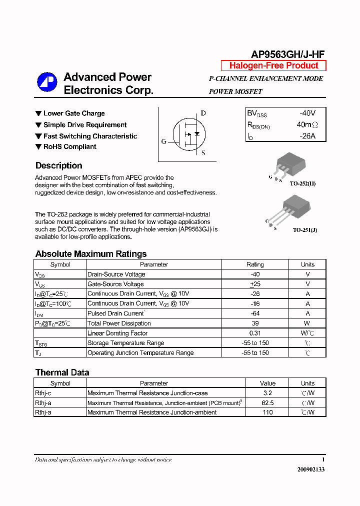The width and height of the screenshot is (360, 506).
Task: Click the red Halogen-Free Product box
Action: pos(273,65)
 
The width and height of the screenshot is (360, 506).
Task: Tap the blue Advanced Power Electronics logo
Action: pos(47,82)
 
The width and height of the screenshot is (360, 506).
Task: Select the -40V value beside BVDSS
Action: pos(307,113)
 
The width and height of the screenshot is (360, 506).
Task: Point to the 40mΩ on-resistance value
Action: pos(307,124)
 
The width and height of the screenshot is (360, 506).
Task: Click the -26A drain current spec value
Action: pos(307,136)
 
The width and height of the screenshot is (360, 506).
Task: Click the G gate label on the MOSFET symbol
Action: pos(163,141)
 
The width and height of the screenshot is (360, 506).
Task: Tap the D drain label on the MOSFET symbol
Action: pos(203,113)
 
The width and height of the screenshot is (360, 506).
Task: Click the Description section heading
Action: pos(58,165)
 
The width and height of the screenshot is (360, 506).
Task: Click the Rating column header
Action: pos(255,264)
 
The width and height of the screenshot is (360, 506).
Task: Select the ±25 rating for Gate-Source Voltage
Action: pos(255,284)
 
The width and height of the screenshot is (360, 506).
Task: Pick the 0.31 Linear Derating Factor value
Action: pos(255,333)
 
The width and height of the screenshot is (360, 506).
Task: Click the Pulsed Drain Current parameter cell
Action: pos(116,313)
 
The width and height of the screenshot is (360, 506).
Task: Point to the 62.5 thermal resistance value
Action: pos(267,402)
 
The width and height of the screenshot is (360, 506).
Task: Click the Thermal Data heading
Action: pos(62,372)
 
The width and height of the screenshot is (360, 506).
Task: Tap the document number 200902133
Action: pos(310,469)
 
